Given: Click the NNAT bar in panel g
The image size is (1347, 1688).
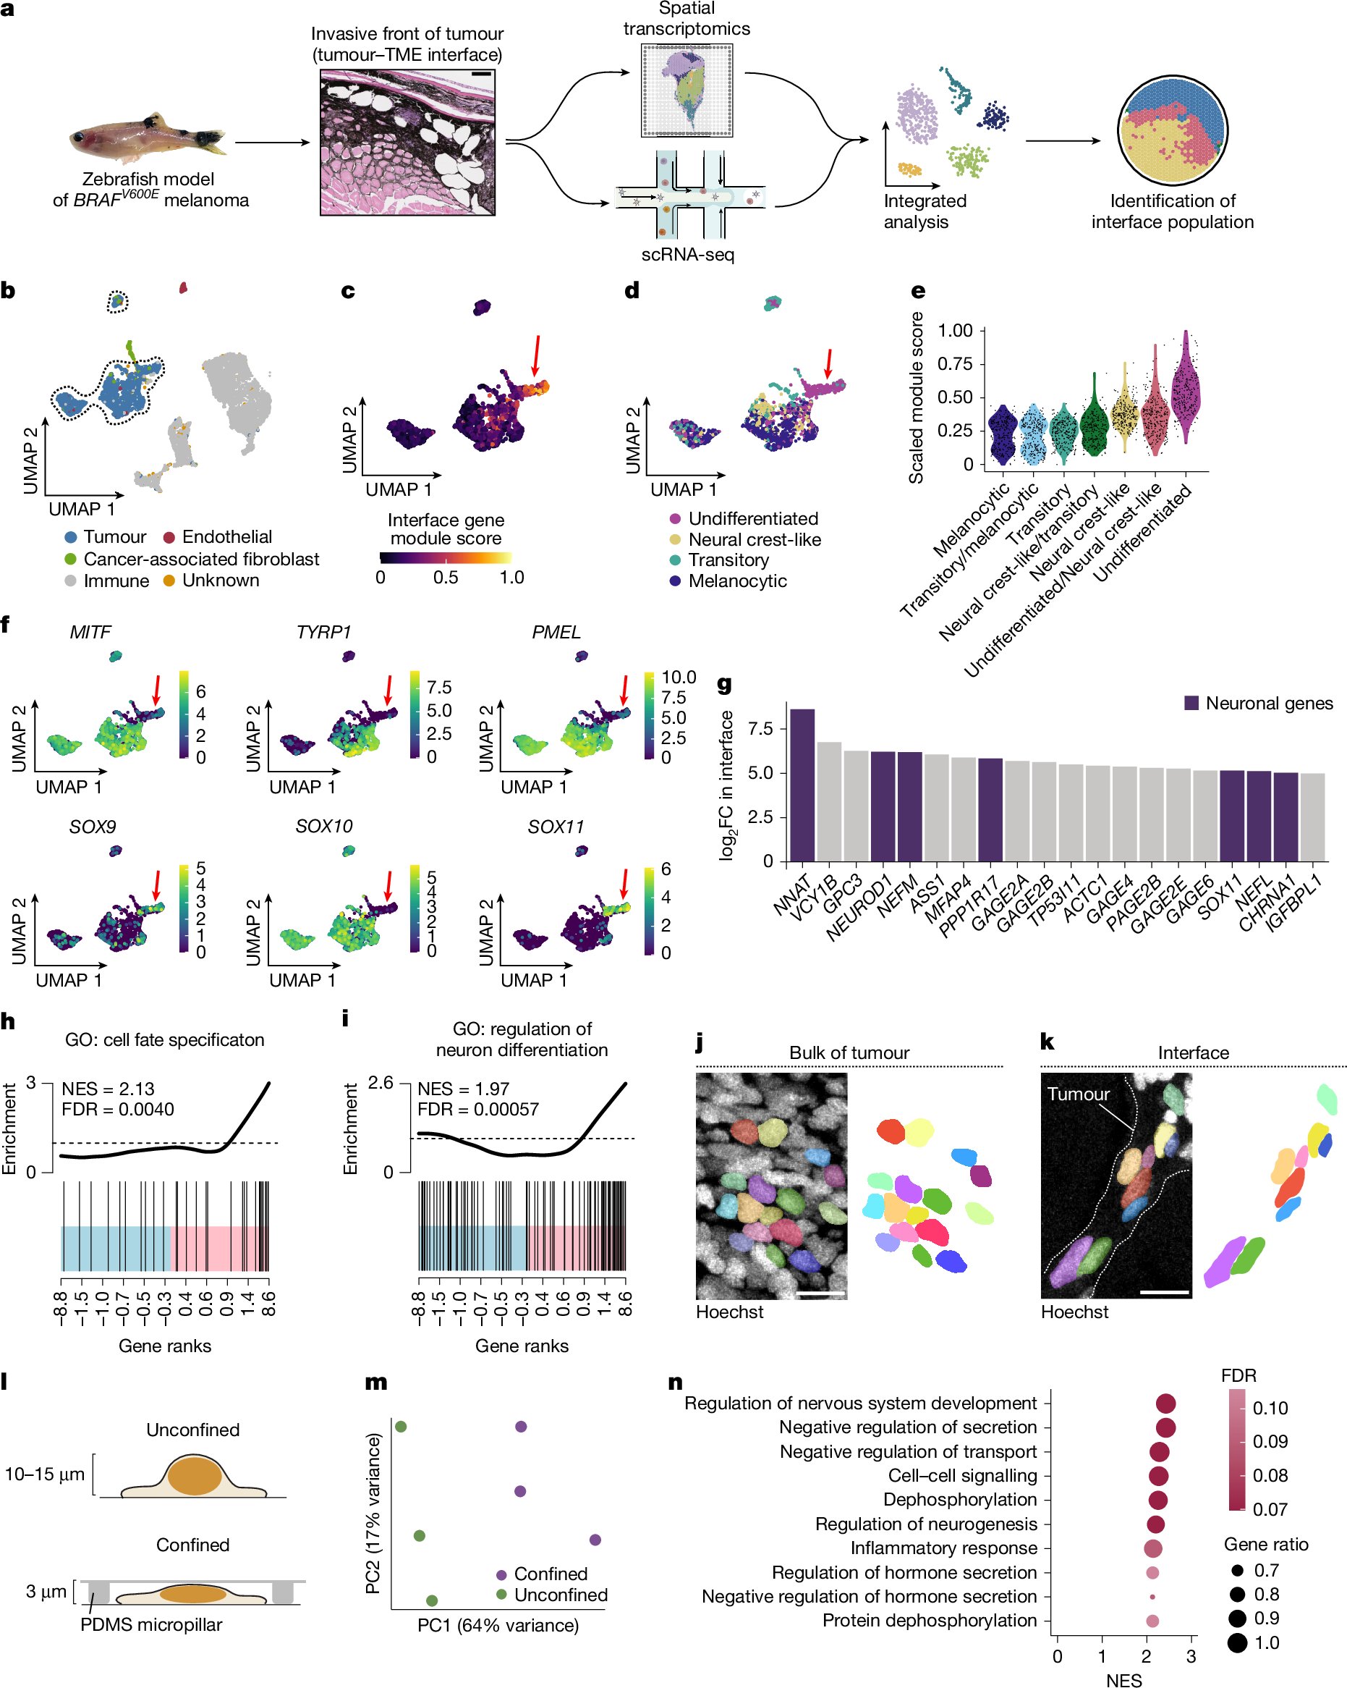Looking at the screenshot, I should (802, 785).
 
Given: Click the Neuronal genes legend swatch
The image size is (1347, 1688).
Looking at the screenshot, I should (1191, 703).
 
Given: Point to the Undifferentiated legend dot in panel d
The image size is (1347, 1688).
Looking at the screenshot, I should (675, 518).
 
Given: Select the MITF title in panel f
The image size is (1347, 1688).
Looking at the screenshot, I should (90, 632).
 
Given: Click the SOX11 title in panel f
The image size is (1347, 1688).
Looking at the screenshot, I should (555, 826).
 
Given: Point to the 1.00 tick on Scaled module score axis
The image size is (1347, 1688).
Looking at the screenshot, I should (955, 330).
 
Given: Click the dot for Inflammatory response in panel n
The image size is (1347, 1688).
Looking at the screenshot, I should (1152, 1548).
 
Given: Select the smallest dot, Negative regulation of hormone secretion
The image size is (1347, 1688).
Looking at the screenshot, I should (1152, 1596).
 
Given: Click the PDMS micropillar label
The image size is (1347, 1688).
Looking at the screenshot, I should (151, 1624).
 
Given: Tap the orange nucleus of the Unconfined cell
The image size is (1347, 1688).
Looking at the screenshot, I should (195, 1474).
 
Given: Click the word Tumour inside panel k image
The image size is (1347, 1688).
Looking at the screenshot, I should (1078, 1094).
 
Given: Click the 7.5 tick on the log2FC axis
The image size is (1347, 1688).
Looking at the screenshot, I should (762, 729).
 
